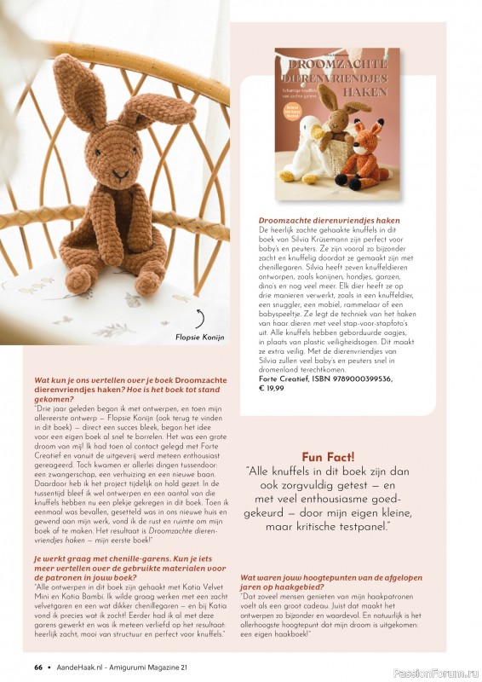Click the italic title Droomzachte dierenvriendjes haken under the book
point(329,220)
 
